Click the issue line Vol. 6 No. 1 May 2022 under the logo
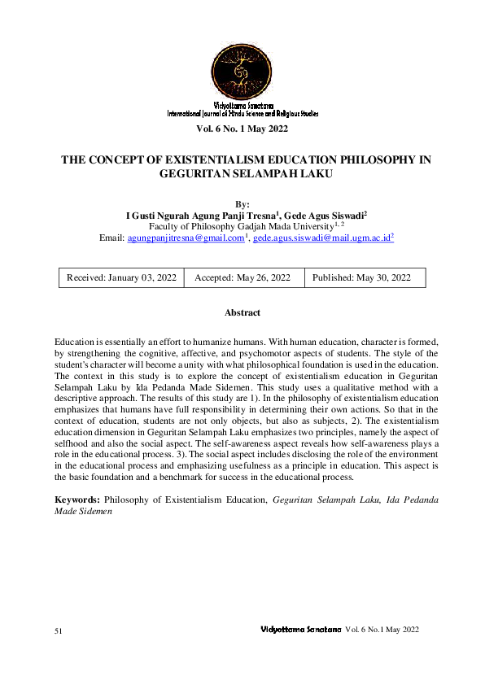click(242, 129)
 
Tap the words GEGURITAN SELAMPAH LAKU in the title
click(242, 173)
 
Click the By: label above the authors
click(242, 203)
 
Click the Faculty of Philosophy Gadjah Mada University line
click(241, 225)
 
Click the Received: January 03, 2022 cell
click(121, 277)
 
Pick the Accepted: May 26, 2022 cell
click(242, 277)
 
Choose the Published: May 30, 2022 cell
click(361, 277)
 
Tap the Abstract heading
click(242, 312)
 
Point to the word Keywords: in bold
click(78, 500)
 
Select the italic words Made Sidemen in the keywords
click(82, 512)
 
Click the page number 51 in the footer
click(59, 630)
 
